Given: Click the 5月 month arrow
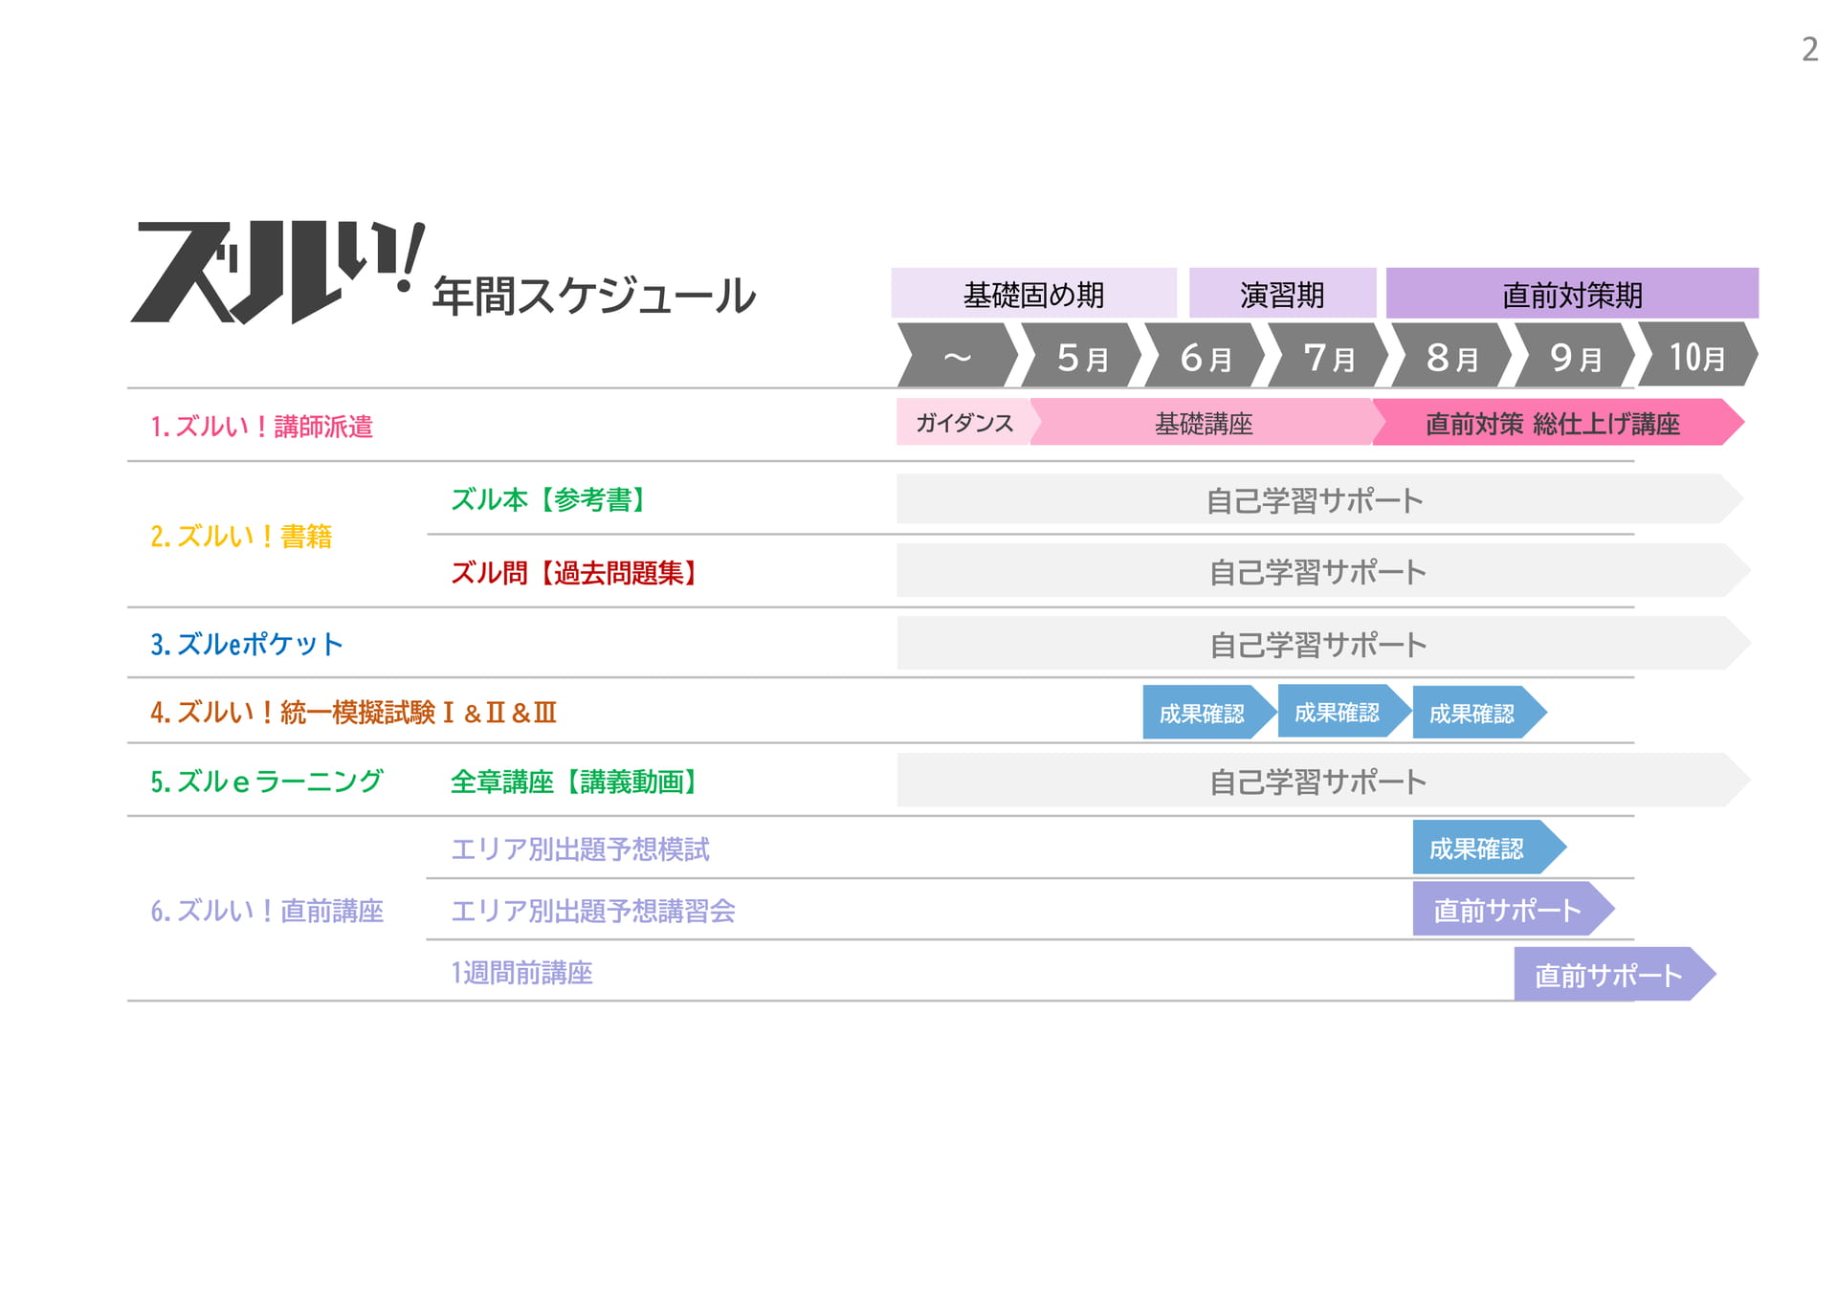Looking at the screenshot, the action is pos(1082,355).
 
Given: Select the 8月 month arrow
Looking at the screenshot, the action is pos(1451,355).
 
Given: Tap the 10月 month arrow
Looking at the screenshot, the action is pos(1698,355).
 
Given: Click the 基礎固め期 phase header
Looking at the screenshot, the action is pos(1033,293).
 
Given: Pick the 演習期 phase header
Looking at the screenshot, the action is pos(1282,293).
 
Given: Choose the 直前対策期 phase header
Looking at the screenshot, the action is pos(1572,293).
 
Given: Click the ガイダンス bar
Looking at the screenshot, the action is pos(964,422).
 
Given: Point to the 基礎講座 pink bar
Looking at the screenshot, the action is pos(1204,422).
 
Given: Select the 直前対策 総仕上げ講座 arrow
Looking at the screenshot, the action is pos(1557,422).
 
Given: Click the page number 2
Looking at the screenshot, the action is pos(1809,49).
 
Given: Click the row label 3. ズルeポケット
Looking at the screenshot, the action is pos(246,644).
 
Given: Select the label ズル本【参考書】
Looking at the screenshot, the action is pos(549,499).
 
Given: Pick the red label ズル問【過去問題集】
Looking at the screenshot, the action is pos(575,573).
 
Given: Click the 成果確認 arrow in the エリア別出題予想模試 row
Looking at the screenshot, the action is pos(1489,848).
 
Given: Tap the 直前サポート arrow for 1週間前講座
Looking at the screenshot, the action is pos(1614,974).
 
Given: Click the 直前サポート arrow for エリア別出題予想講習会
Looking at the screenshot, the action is pos(1513,909).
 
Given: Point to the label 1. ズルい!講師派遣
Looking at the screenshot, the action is pos(261,427).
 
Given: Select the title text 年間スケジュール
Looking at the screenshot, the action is pos(594,296).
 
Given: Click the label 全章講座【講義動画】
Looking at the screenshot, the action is pos(575,782).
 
